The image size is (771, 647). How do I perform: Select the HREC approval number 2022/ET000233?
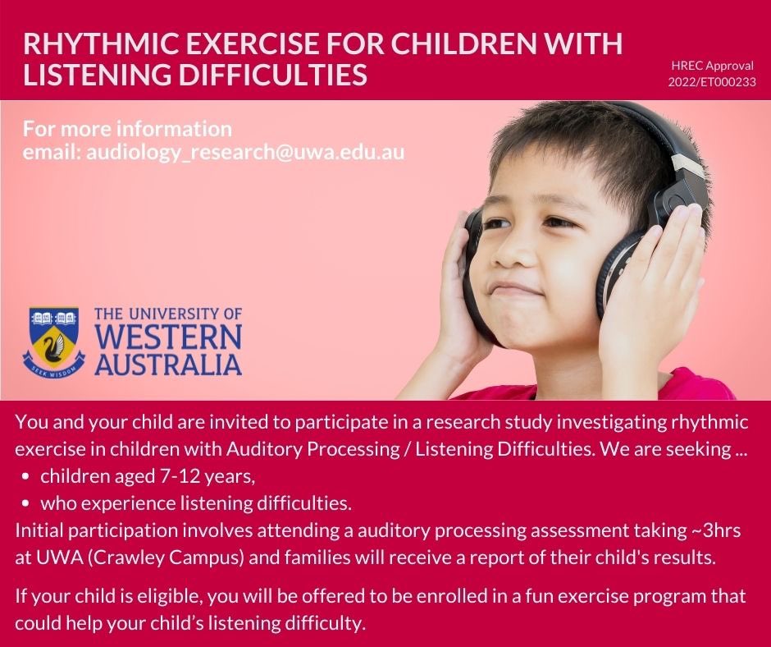712,82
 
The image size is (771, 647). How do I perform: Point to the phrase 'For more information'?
127,129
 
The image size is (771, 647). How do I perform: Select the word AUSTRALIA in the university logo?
168,363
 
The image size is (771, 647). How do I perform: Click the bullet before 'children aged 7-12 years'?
28,476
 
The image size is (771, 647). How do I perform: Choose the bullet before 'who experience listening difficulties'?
28,502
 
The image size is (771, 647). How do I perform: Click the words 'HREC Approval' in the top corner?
712,66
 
